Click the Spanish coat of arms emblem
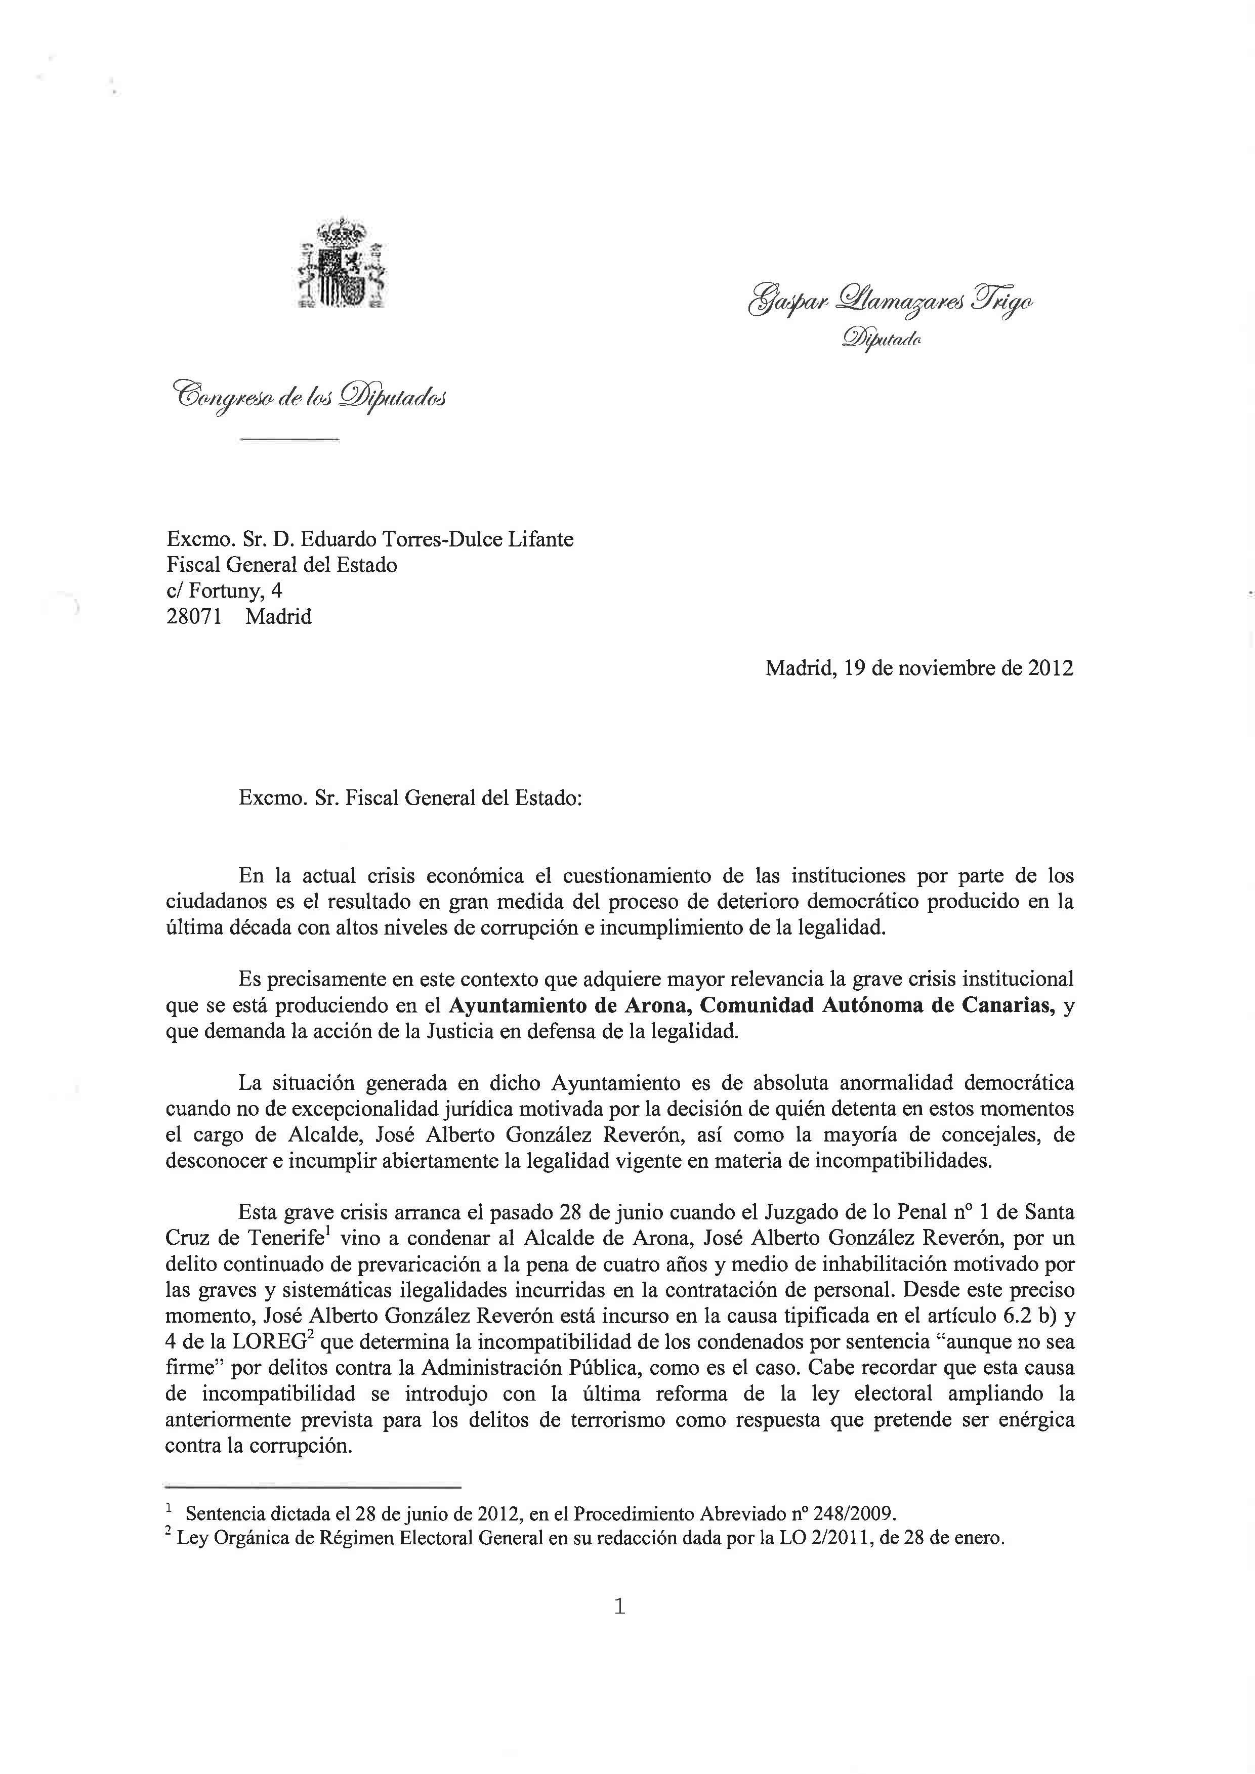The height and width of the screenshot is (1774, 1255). [x=343, y=265]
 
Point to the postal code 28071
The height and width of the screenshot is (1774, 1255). [x=194, y=617]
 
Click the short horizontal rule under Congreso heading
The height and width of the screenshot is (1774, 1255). [x=290, y=440]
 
